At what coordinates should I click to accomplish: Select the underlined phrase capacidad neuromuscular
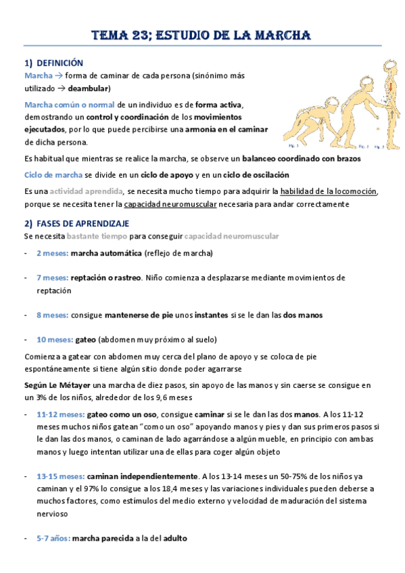tap(169, 203)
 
